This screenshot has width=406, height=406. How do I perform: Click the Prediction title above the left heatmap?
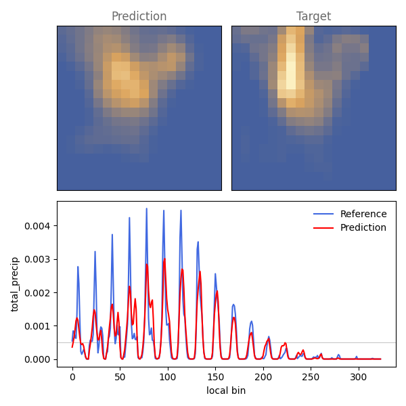click(x=139, y=16)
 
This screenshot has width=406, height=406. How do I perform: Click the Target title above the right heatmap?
click(x=313, y=16)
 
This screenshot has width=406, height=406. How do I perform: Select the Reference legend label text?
click(x=363, y=214)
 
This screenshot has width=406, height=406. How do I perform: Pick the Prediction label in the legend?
click(x=363, y=227)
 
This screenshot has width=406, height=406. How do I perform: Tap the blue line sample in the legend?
click(x=323, y=214)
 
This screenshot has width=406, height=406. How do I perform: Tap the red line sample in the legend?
click(x=323, y=228)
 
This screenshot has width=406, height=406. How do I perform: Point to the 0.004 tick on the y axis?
click(x=37, y=226)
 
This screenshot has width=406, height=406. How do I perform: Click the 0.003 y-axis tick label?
click(x=37, y=259)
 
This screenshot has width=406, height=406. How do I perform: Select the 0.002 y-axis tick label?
click(x=37, y=293)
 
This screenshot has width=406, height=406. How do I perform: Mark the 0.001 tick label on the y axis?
click(x=37, y=326)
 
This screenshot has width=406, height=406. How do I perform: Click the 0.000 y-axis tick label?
click(x=37, y=360)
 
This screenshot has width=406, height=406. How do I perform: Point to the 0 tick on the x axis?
click(x=72, y=377)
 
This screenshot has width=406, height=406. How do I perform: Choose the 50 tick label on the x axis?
click(x=120, y=377)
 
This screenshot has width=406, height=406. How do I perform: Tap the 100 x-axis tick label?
click(x=168, y=377)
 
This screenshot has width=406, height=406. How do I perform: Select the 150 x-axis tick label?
click(x=215, y=377)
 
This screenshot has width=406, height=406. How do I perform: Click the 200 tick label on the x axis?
click(x=263, y=377)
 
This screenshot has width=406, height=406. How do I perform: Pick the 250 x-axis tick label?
click(x=311, y=377)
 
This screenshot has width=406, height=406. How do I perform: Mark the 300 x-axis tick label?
click(x=359, y=377)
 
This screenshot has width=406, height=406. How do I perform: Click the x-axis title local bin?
click(x=226, y=390)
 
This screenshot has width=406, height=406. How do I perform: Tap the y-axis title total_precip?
click(x=15, y=284)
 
